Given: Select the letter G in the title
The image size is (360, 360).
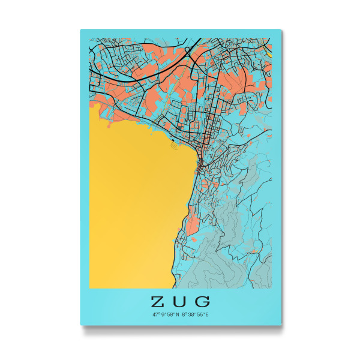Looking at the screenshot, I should pyautogui.click(x=203, y=301).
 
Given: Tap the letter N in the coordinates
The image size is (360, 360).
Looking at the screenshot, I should pyautogui.click(x=178, y=314).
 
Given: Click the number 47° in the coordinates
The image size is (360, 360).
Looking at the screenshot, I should pyautogui.click(x=155, y=314).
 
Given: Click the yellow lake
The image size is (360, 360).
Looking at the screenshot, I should pyautogui.click(x=132, y=204).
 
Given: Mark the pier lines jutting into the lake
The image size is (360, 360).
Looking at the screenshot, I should pyautogui.click(x=173, y=143).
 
